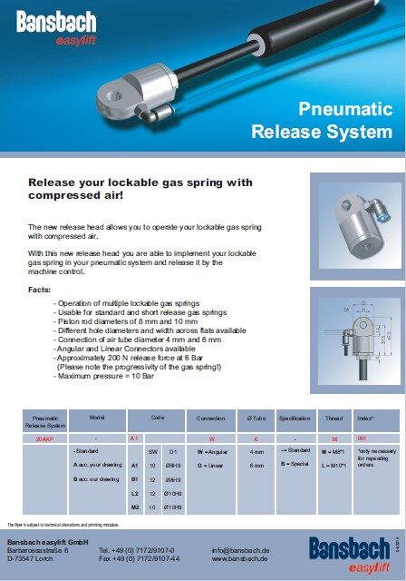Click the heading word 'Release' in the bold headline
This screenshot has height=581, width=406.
(x=56, y=182)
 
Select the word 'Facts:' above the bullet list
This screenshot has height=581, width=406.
(x=42, y=289)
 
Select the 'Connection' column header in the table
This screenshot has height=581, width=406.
(x=210, y=420)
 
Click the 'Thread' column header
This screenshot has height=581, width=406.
(x=333, y=420)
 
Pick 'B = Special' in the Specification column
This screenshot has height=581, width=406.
(x=296, y=465)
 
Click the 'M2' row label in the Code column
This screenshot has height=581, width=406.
(x=134, y=507)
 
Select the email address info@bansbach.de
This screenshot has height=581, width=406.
(x=240, y=550)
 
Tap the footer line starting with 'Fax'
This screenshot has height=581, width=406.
(x=137, y=559)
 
